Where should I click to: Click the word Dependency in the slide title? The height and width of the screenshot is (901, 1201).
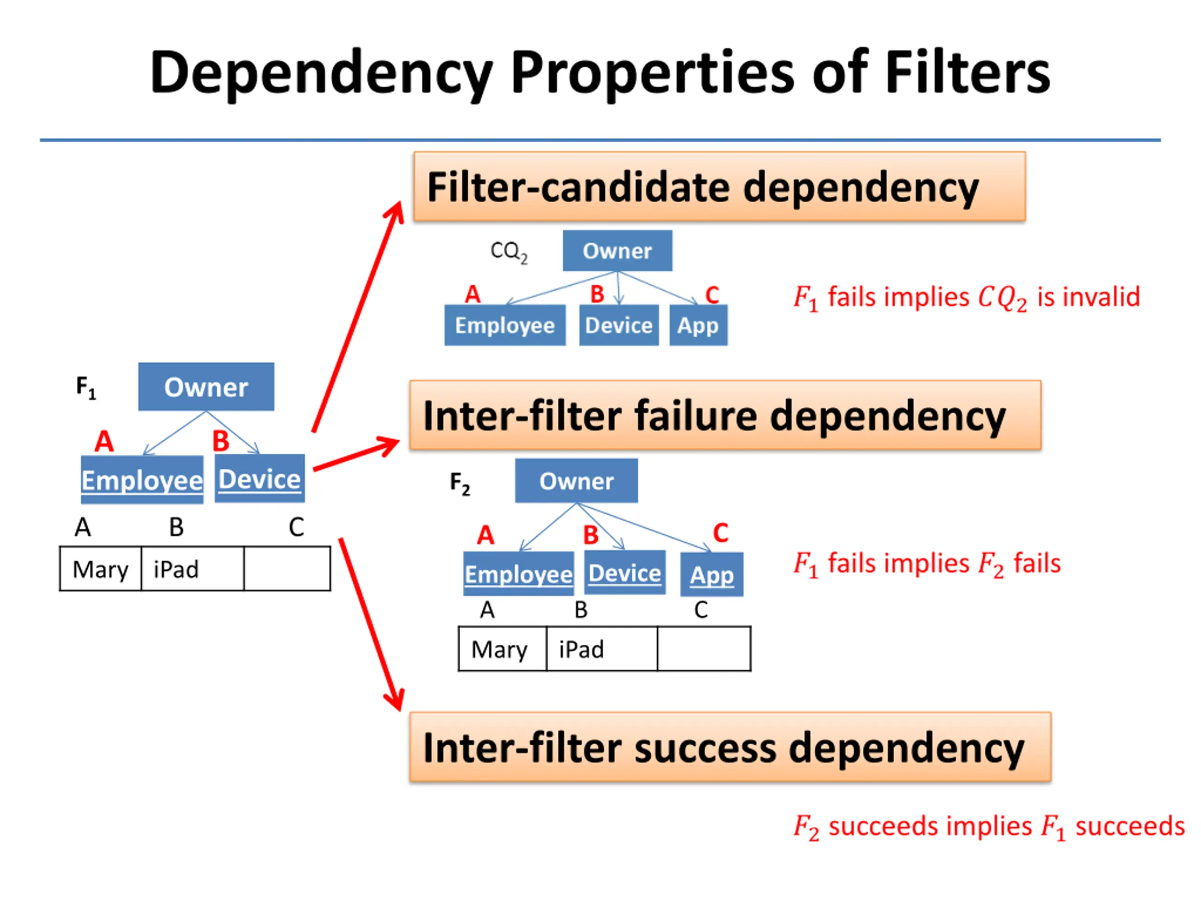(321, 74)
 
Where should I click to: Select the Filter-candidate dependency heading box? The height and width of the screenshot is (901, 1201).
(719, 186)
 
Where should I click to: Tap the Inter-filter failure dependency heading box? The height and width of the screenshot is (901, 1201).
(725, 415)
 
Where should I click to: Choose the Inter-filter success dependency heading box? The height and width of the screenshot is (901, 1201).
(730, 747)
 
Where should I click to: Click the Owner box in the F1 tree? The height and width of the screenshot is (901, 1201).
(206, 387)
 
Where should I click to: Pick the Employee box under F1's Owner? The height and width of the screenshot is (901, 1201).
(142, 480)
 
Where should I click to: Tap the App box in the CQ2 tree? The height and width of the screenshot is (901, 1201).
(698, 325)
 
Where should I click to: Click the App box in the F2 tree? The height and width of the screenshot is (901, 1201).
(712, 574)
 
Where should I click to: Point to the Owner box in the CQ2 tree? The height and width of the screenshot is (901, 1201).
(617, 251)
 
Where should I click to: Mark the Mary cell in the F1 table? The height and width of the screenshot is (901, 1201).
(100, 569)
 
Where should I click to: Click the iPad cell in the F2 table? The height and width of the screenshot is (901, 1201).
(601, 649)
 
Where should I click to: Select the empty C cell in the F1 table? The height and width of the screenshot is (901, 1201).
(287, 569)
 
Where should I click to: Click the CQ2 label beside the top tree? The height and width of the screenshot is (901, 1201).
(509, 252)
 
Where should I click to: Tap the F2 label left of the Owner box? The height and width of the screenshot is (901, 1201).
(460, 483)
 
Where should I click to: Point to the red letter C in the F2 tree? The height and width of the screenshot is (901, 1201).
(721, 533)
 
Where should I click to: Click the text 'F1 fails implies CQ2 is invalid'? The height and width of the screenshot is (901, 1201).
(966, 298)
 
